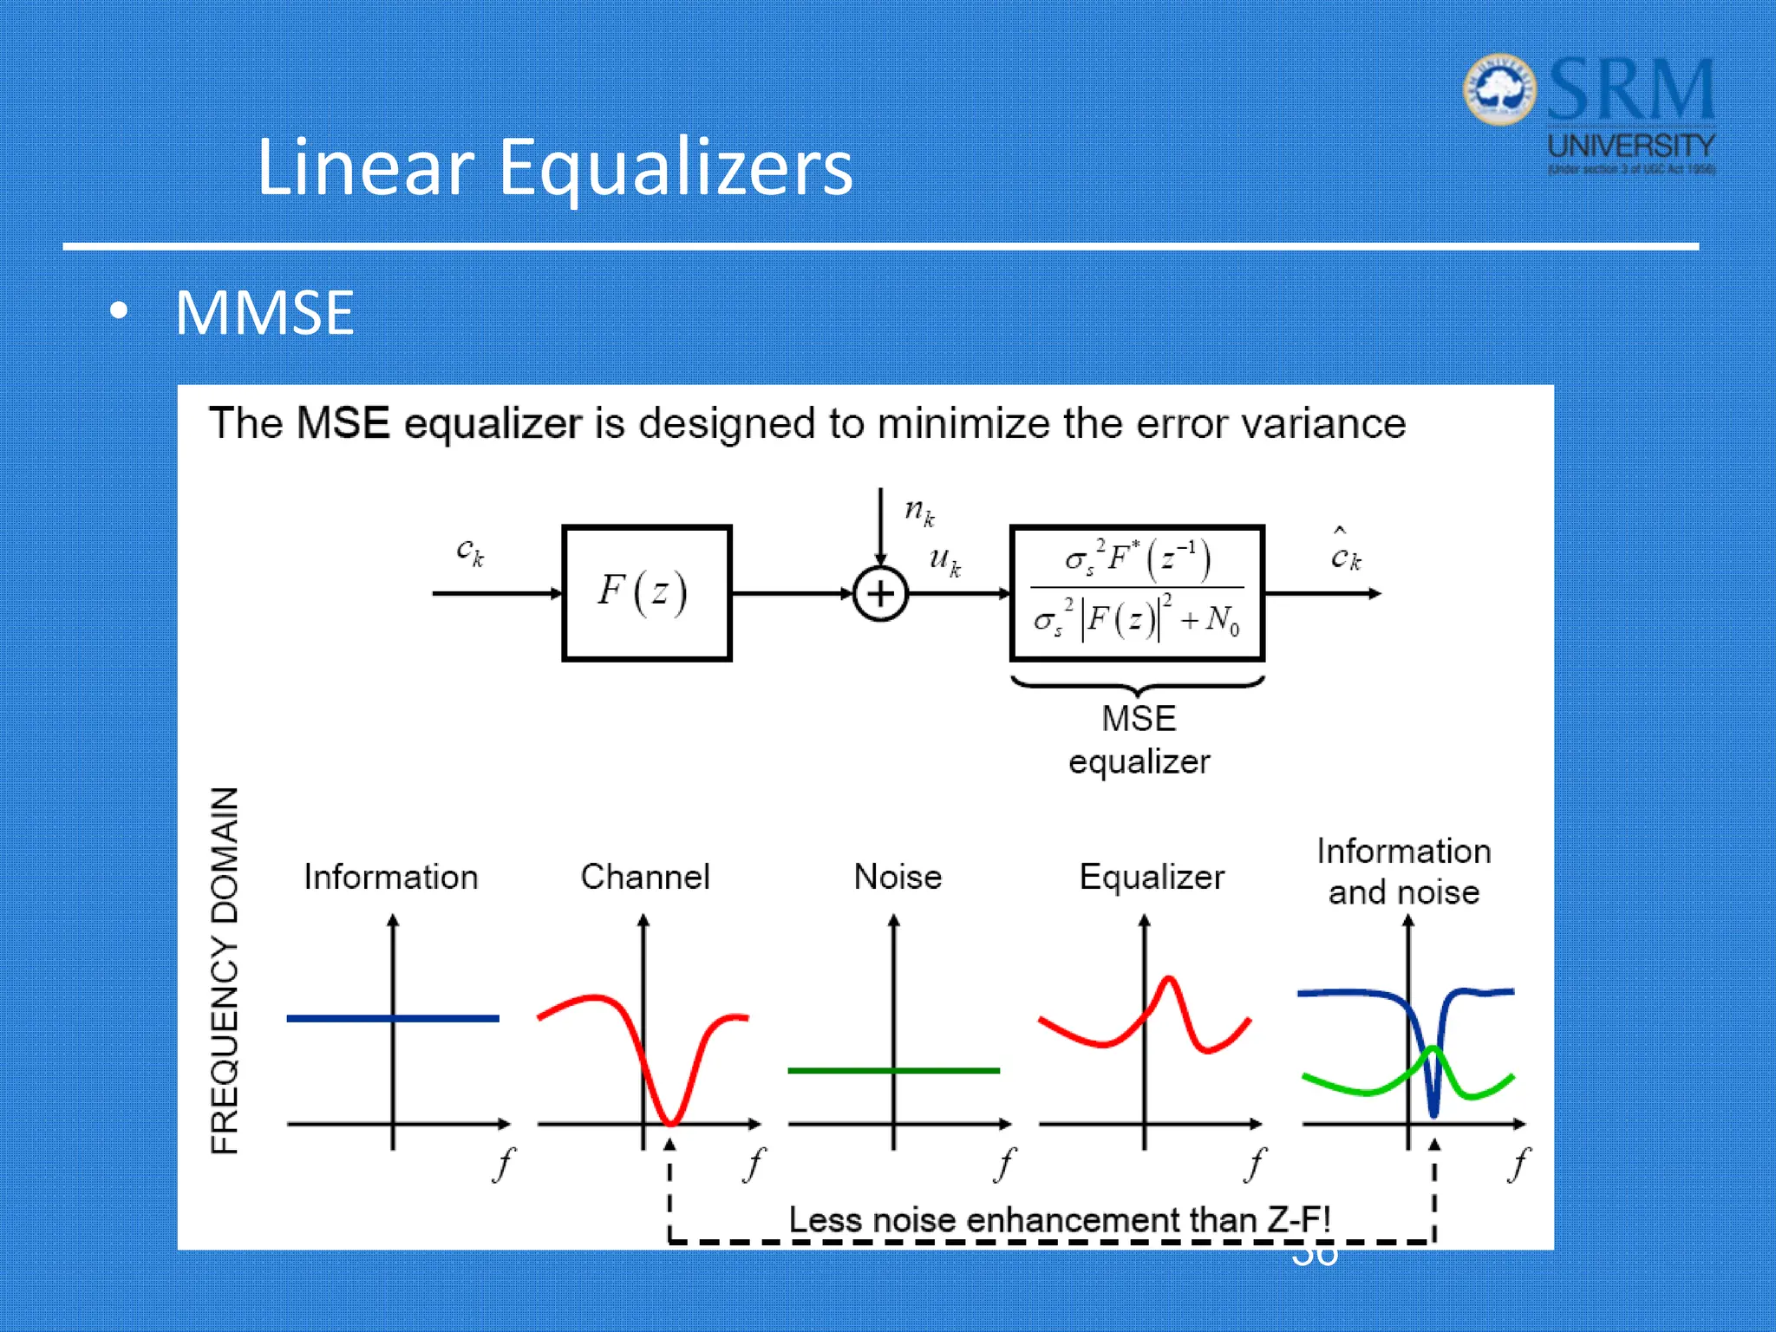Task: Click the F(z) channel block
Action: coord(646,593)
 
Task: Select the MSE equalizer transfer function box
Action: coord(1137,593)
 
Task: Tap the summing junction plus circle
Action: coord(880,594)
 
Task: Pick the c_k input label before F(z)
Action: coord(470,552)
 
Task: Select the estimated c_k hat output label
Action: coord(1345,552)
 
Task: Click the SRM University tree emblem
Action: coord(1499,89)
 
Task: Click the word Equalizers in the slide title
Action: coord(675,166)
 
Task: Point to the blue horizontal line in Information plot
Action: coord(338,1018)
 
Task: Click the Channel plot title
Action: coord(645,877)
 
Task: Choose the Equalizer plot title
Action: coord(1152,877)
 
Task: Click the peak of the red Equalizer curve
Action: coord(1169,980)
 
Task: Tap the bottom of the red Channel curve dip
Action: coord(672,1121)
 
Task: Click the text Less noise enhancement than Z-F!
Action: coord(1059,1219)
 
